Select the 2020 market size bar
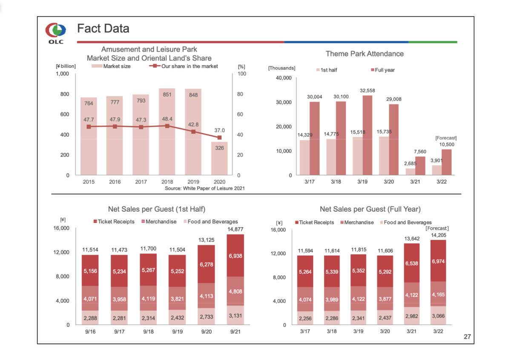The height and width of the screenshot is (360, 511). coord(220,158)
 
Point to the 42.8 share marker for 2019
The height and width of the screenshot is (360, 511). coord(194,132)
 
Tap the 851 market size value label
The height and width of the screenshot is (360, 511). coord(167,95)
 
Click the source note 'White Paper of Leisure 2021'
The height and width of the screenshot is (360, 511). coord(205,188)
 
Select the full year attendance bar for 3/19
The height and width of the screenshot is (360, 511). coord(367,135)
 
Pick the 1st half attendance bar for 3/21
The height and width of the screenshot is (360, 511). coord(410,172)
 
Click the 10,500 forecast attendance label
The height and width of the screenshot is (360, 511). coord(447,144)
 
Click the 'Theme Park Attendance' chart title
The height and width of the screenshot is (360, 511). coord(365,54)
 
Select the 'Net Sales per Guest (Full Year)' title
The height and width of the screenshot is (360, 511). coord(370,209)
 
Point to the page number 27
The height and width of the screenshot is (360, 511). coord(467,337)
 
